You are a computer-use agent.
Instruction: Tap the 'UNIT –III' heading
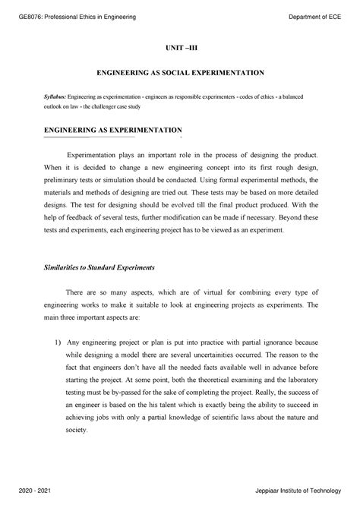[179, 47]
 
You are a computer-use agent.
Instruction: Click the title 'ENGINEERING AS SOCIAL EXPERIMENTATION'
[179, 73]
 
